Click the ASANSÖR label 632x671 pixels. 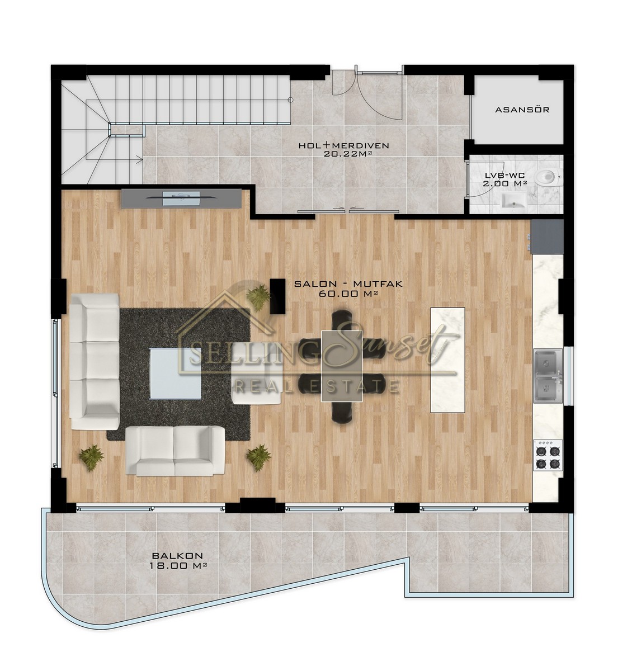(x=522, y=110)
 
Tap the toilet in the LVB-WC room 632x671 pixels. (x=547, y=176)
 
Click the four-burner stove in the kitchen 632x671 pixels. (x=548, y=455)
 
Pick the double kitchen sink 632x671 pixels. (x=548, y=376)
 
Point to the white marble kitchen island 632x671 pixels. (x=447, y=360)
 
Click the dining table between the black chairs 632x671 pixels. (x=342, y=366)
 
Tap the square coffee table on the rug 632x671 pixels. (x=176, y=373)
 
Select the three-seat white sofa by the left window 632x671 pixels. (x=95, y=362)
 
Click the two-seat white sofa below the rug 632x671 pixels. (x=175, y=451)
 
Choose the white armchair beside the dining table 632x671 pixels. (x=257, y=373)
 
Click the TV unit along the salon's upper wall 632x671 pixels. (x=181, y=199)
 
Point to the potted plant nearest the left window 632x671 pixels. (x=91, y=457)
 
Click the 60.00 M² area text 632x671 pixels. (x=348, y=294)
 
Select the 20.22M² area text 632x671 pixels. (x=343, y=154)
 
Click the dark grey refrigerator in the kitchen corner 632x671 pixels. (x=547, y=237)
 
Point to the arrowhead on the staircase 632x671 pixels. (x=140, y=159)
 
